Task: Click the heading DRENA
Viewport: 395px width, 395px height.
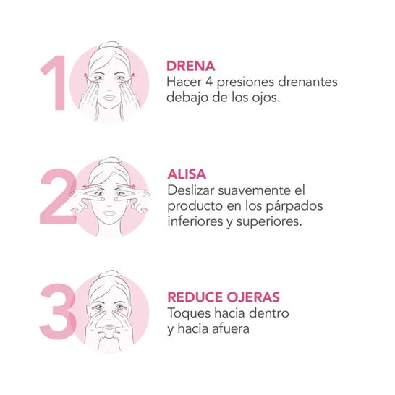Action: (x=191, y=67)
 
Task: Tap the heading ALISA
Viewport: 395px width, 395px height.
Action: (x=187, y=174)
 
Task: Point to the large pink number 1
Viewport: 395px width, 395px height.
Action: (x=54, y=83)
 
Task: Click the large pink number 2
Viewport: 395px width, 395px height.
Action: (x=58, y=196)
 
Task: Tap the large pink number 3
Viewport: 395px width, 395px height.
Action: (x=58, y=311)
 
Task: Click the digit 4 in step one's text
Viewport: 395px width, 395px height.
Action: (x=209, y=82)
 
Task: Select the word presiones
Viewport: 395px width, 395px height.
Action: (x=245, y=83)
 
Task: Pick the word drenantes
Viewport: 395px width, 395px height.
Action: (x=307, y=82)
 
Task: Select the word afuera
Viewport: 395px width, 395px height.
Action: (x=231, y=328)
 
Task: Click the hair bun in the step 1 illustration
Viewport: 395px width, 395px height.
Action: (x=109, y=46)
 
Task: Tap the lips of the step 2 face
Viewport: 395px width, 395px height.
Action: (x=109, y=213)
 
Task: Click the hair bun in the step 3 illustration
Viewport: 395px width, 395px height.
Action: (x=110, y=275)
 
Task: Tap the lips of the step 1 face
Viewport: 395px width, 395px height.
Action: (x=109, y=98)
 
